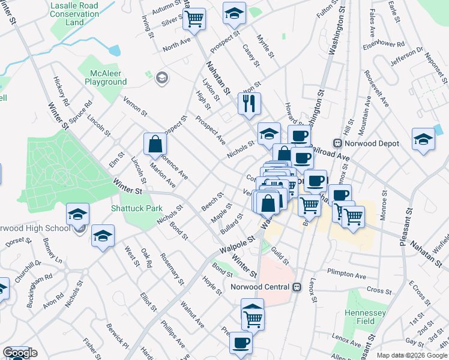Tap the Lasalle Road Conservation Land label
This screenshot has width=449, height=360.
click(75, 13)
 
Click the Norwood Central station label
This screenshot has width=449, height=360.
click(261, 287)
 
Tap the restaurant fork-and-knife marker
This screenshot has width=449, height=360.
click(249, 103)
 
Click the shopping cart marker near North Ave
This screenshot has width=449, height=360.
click(194, 19)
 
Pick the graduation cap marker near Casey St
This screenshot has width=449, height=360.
click(234, 13)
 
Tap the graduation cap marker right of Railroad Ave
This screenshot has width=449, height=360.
click(423, 139)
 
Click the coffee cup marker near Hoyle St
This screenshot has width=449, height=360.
click(241, 343)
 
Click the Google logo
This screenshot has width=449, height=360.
click(20, 353)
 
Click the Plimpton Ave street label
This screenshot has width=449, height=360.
click(346, 275)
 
